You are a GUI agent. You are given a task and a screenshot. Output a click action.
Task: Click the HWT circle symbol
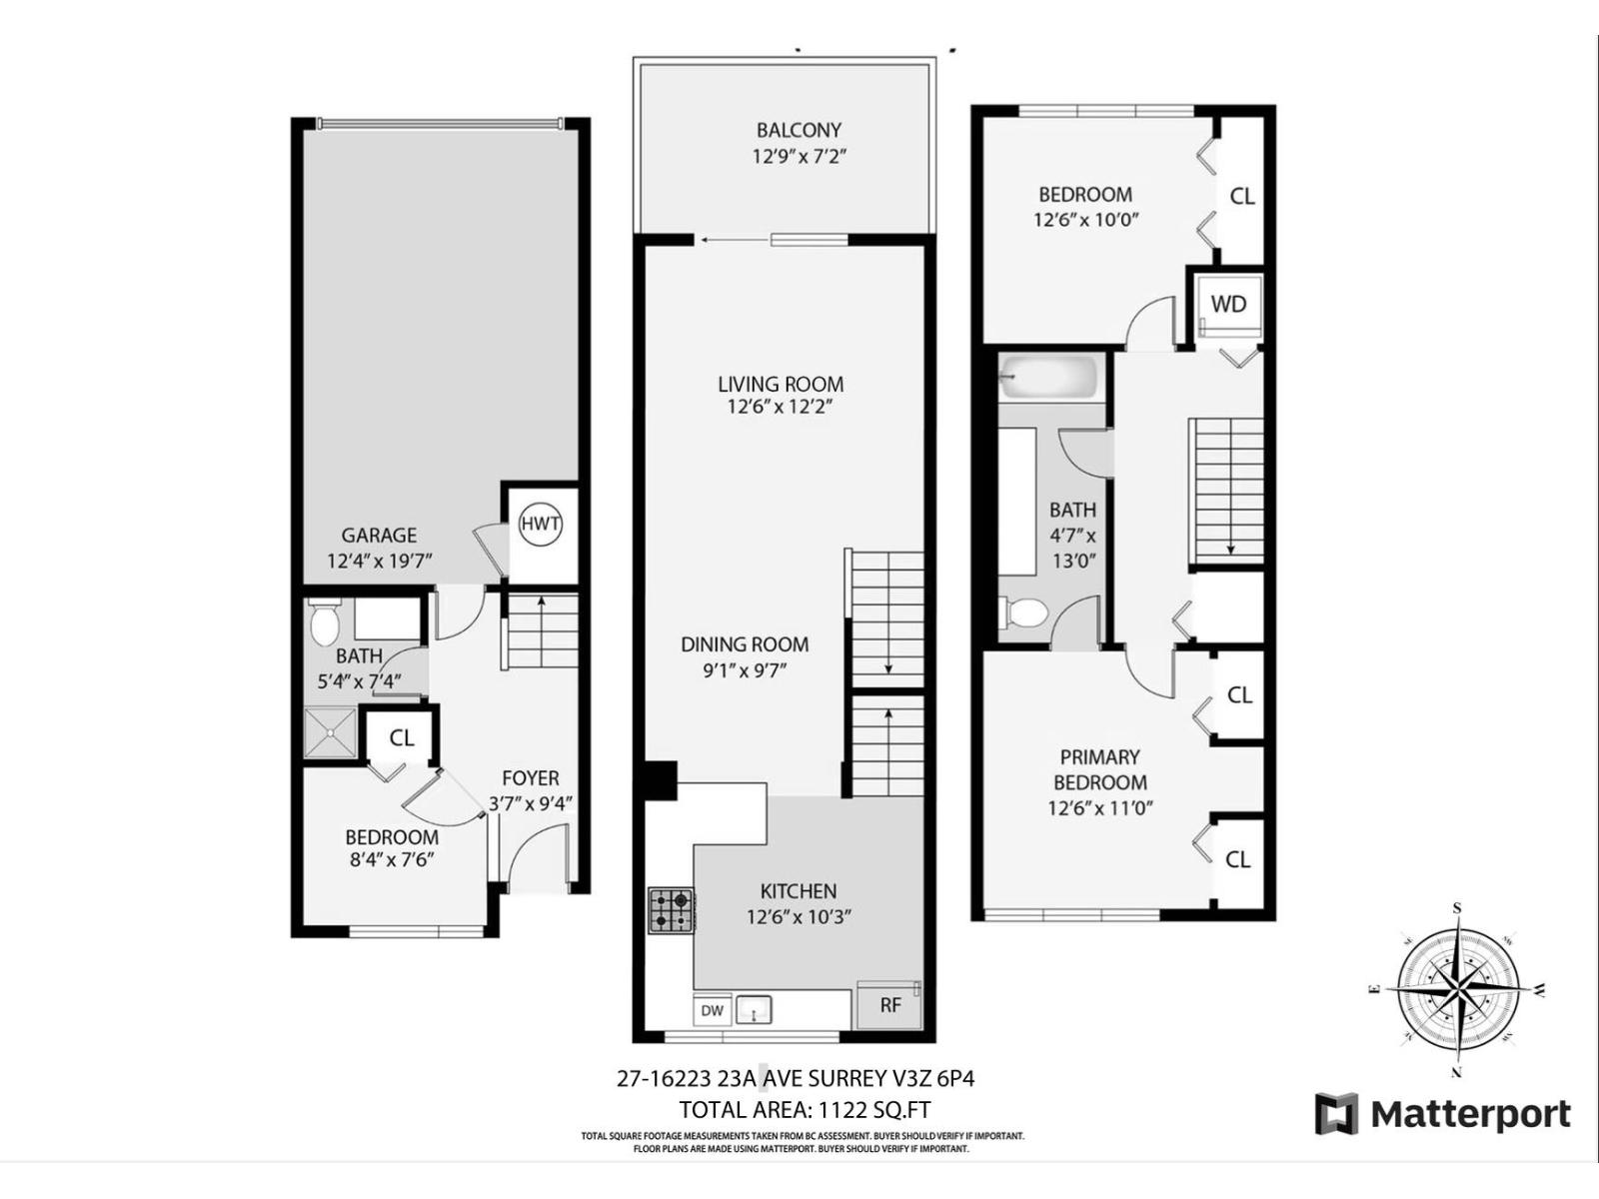coord(541,525)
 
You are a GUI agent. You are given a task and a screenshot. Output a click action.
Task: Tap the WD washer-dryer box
coord(1228,305)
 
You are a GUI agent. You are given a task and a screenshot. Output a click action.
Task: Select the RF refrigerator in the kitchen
coord(889,1005)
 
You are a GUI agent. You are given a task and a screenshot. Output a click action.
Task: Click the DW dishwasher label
coord(712,1010)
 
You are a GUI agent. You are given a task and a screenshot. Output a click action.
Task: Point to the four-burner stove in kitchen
coord(671,910)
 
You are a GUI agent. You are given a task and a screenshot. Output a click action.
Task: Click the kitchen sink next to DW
coord(754,1010)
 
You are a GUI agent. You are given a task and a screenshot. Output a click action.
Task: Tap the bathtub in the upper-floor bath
coord(1049,378)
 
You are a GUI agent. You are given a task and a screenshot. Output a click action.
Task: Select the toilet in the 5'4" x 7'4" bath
coord(324,623)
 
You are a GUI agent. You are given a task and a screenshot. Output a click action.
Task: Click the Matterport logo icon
coord(1336,1114)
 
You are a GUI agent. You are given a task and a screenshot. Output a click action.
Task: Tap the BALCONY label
coord(799,130)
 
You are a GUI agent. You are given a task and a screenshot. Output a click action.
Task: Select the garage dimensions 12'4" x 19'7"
coord(379,561)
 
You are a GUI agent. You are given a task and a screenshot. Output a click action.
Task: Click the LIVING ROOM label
coord(780,384)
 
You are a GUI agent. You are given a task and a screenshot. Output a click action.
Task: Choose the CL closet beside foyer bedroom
coord(401,738)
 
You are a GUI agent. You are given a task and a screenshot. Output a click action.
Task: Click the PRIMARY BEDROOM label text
coord(1099,769)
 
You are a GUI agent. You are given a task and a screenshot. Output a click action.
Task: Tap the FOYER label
coord(530,777)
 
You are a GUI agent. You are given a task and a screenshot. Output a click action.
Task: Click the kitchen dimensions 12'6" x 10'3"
coord(798,916)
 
